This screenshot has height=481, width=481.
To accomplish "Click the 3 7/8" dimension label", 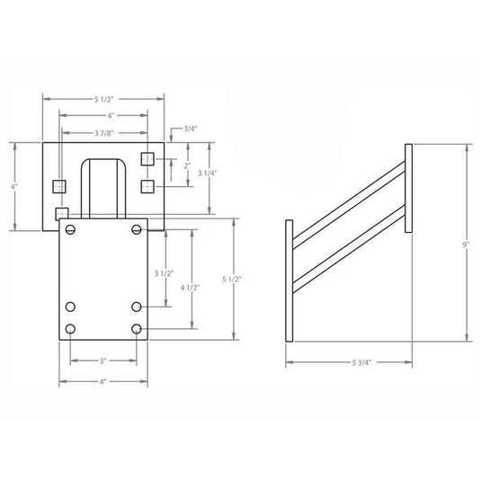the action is click(x=104, y=133).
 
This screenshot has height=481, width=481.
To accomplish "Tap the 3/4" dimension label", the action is click(x=191, y=129).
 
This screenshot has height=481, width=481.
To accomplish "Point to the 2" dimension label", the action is click(x=187, y=165).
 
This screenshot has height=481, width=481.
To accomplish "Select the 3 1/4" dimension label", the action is click(x=207, y=173).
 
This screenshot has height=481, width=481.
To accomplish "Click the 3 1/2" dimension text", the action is click(x=164, y=273).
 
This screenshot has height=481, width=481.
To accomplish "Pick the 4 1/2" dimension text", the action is click(x=190, y=288).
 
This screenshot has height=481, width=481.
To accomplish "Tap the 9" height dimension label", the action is click(x=466, y=245).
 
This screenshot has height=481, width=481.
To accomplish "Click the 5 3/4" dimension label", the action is click(x=361, y=362).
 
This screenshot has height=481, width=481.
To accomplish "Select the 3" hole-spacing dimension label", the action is click(x=102, y=361).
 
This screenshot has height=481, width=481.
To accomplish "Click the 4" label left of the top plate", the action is click(x=14, y=186).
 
